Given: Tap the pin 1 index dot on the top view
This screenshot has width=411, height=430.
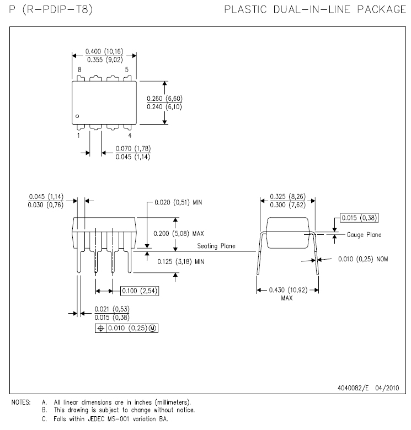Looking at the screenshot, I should coord(78,116).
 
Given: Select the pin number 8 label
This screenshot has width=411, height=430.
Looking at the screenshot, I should coord(79,70).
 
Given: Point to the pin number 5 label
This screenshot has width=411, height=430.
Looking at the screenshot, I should coord(127,70).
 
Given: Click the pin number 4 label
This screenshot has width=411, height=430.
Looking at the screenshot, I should coord(130,135).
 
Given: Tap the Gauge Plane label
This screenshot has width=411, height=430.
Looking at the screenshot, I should coord(364,235).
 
